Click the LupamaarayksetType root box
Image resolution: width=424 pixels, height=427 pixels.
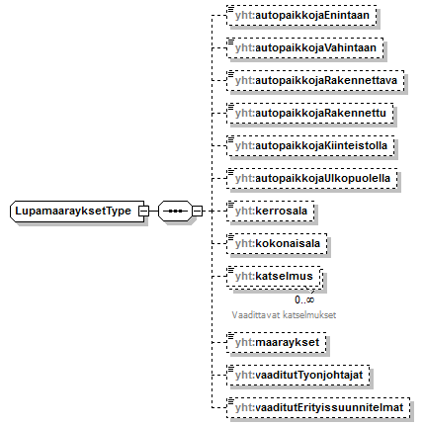77,211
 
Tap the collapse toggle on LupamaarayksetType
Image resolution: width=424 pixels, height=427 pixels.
143,211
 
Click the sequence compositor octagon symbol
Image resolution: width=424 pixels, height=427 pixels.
175,211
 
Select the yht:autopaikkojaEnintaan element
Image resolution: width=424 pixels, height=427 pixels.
301,15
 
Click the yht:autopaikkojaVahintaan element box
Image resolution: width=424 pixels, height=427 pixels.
305,47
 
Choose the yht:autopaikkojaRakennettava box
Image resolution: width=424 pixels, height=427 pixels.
315,80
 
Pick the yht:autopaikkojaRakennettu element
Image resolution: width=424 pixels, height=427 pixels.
310,113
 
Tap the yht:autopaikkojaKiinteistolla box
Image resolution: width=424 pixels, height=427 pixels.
310,145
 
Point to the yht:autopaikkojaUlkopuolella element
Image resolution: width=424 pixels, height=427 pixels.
312,178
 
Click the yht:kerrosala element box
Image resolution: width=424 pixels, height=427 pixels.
271,211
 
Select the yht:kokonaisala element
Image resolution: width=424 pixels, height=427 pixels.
277,243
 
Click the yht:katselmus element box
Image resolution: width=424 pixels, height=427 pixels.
274,276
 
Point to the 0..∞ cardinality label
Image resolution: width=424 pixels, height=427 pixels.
304,299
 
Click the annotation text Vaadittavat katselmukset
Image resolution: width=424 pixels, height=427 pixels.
284,315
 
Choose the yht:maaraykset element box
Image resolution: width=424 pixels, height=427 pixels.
277,342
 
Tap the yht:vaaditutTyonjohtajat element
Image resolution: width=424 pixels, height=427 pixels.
298,375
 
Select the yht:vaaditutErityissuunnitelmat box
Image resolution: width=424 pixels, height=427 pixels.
318,407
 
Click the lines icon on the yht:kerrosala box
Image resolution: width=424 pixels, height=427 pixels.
230,205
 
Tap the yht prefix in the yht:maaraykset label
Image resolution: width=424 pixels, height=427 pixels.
244,342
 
